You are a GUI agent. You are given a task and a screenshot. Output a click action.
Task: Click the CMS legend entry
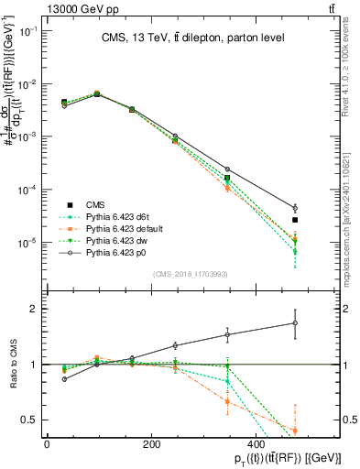(x=95, y=204)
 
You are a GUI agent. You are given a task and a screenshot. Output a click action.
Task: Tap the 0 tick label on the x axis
(x=47, y=444)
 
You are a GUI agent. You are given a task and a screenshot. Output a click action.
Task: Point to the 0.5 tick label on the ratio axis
(x=27, y=420)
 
